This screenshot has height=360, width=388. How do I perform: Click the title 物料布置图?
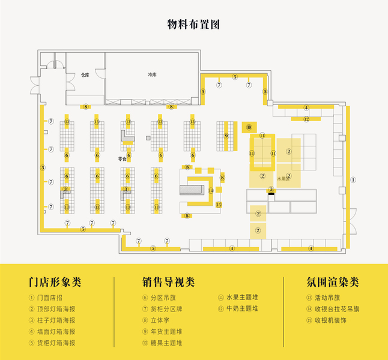click(x=193, y=25)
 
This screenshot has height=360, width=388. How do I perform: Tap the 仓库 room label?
click(x=85, y=76)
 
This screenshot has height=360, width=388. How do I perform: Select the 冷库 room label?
click(x=152, y=75)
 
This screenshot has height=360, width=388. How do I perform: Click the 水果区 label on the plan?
click(x=283, y=179)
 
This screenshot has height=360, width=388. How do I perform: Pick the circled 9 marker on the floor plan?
click(x=226, y=136)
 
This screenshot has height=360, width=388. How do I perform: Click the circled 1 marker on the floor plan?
click(x=354, y=179)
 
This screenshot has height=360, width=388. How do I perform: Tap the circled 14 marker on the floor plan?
click(x=211, y=190)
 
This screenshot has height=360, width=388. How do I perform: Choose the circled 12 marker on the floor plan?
click(x=306, y=119)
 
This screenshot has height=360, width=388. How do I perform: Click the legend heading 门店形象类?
click(x=55, y=282)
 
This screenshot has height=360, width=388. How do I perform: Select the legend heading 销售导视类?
click(x=169, y=282)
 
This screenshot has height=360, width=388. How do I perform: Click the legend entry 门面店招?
click(x=50, y=298)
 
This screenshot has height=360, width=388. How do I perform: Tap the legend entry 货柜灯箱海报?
click(x=55, y=343)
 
